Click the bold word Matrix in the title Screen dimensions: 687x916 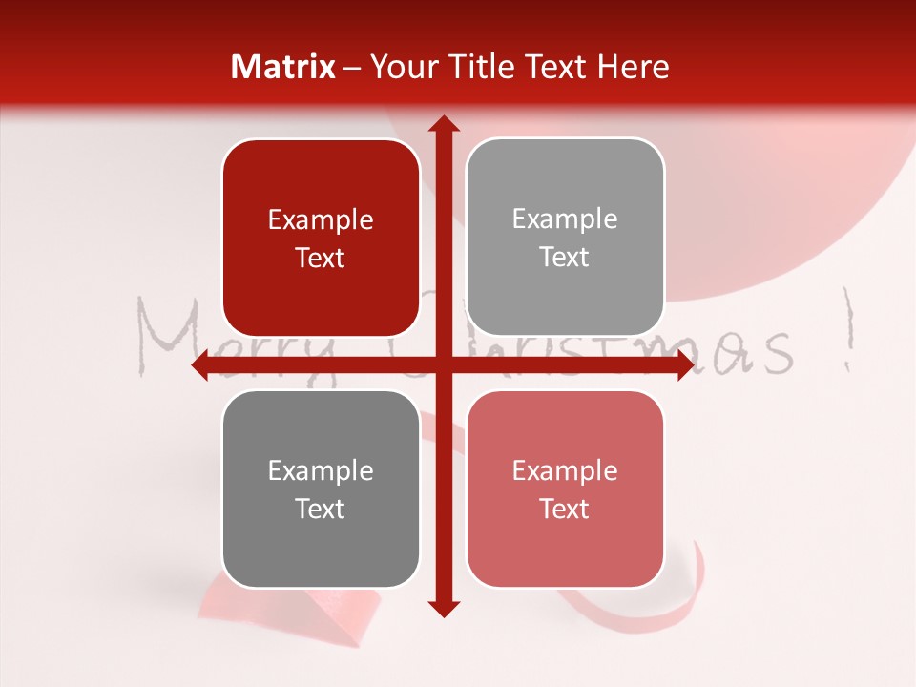pos(283,67)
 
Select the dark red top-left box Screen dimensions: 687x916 pos(321,239)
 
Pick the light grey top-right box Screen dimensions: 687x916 pos(565,238)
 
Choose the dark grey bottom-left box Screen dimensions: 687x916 pos(321,489)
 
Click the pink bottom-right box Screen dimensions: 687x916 pos(565,489)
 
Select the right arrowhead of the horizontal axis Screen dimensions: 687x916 pos(685,365)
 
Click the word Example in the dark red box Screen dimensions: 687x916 pos(321,220)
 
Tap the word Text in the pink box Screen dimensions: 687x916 pos(565,509)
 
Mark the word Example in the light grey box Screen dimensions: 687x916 pos(565,219)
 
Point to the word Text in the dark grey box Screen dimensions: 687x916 pos(321,509)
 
